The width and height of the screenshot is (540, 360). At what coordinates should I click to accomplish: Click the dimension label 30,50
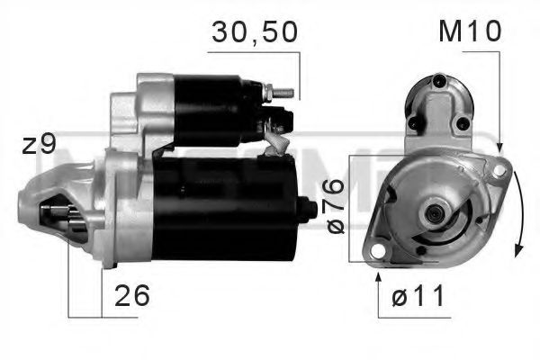click(x=247, y=33)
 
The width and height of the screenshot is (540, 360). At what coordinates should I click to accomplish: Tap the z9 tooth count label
click(x=41, y=143)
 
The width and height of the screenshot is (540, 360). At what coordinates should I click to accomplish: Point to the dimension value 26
click(x=131, y=295)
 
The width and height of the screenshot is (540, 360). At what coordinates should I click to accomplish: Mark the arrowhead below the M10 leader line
click(x=498, y=145)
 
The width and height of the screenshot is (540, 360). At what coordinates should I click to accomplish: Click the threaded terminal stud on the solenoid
click(x=280, y=90)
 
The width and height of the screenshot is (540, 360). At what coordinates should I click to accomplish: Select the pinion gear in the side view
click(x=57, y=217)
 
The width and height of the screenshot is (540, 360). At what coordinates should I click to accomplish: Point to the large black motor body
click(x=225, y=207)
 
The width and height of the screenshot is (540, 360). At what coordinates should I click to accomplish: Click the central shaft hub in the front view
click(x=434, y=213)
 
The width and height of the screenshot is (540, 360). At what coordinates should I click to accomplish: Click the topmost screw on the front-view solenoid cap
click(x=440, y=84)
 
